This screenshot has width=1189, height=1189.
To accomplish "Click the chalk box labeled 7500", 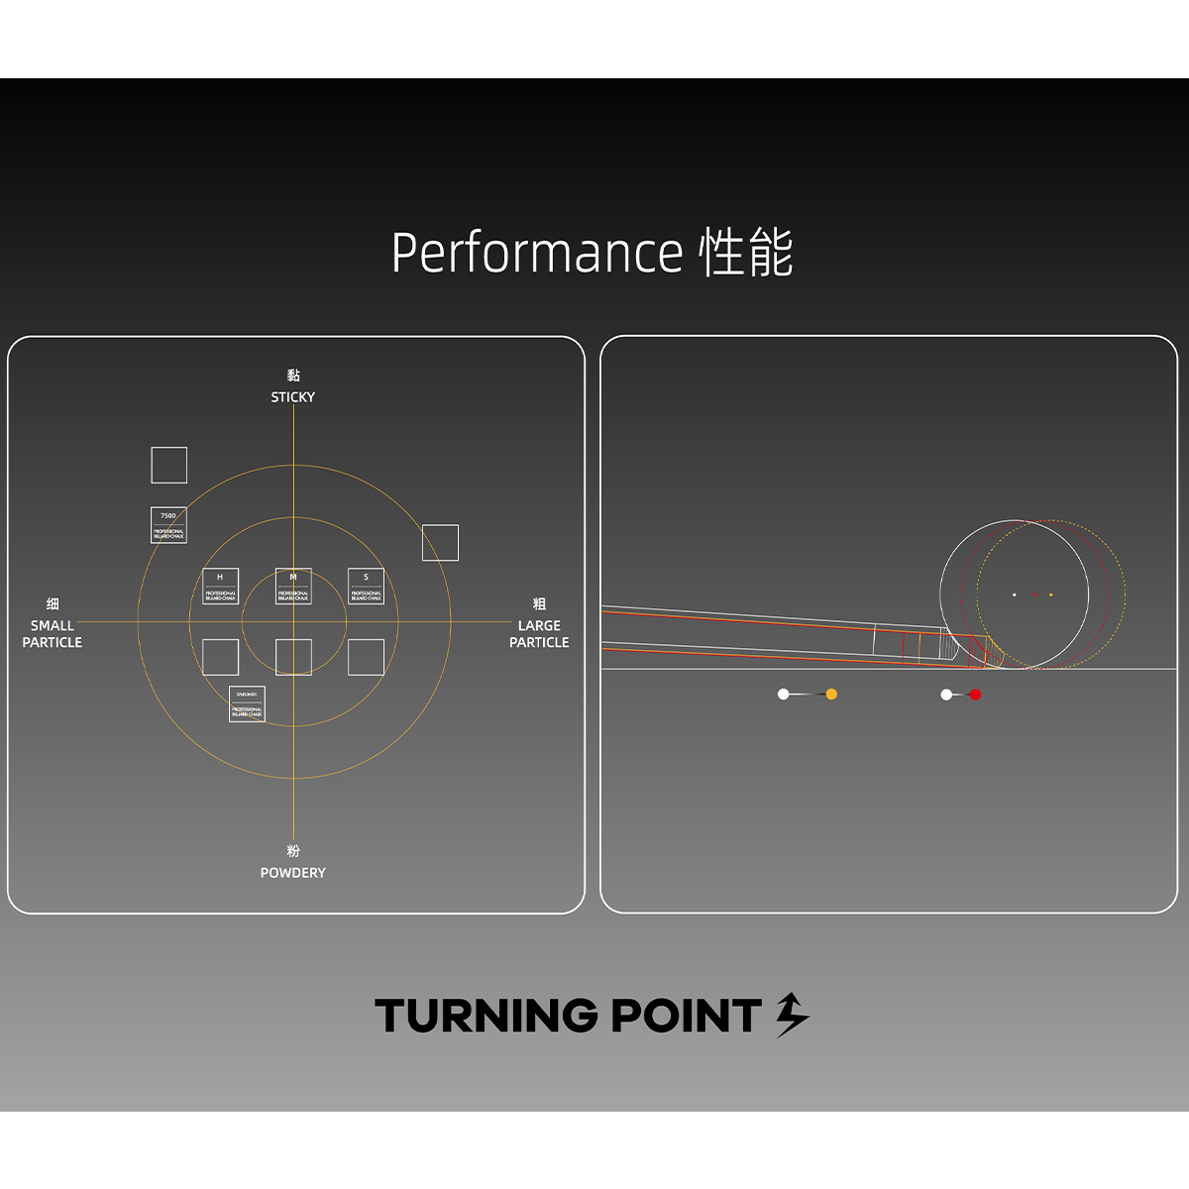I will (168, 525).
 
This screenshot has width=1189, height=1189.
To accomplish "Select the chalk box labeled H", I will (220, 587).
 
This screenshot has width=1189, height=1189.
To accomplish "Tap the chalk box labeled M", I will (293, 587).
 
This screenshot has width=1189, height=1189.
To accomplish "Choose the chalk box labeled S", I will (366, 587).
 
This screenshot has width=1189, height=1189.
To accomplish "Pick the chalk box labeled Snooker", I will (247, 704).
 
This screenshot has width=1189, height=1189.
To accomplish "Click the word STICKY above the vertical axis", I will (293, 397).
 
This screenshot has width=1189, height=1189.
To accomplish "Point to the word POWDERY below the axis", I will (293, 873).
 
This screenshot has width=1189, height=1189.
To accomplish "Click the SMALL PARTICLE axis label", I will (53, 634).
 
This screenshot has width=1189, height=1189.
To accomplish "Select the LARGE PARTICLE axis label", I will (539, 634).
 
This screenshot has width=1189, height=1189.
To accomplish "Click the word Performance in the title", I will (537, 253).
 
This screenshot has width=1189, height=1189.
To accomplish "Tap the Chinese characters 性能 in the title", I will (746, 253).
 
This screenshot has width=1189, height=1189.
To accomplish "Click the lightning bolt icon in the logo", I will (792, 1015).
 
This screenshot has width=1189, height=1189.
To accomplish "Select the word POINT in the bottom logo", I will (685, 1017).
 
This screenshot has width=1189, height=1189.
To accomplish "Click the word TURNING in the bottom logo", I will (486, 1017).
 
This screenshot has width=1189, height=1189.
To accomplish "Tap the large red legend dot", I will (975, 695).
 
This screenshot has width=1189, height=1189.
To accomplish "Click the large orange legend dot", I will (831, 695).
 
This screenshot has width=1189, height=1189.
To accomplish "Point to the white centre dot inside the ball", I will (1014, 594).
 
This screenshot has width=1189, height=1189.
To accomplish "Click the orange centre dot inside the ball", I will (1050, 594).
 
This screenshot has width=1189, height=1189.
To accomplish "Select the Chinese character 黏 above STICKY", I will (293, 376).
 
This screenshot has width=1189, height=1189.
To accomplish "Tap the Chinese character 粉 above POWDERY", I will (293, 851).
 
